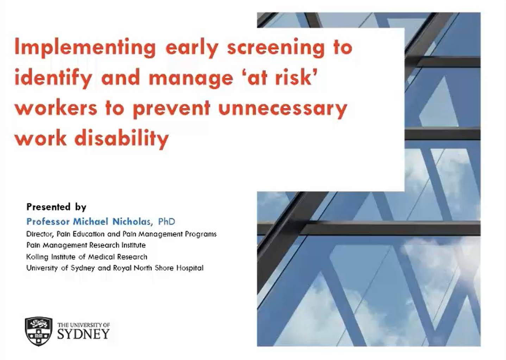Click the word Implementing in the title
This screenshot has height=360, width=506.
pos(85,48)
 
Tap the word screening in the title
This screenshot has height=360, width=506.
pos(276,48)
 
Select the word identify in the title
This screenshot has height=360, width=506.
pos(53,78)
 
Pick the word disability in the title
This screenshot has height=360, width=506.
pos(121,138)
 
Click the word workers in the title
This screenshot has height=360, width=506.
pos(56,108)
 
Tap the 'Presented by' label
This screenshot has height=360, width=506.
pos(56,207)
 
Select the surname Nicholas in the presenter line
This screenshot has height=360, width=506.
pos(131,222)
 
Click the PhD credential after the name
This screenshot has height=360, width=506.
pos(167,222)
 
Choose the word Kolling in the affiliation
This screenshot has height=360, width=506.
pos(37,257)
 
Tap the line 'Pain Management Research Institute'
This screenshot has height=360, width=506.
pos(86,245)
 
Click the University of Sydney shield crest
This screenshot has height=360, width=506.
pos(39,331)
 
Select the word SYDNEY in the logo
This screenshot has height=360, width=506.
pos(83,334)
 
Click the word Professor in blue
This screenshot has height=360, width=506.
pos(48,222)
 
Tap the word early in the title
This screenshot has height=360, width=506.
pos(192,48)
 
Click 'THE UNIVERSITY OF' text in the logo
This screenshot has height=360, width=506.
pos(83,325)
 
